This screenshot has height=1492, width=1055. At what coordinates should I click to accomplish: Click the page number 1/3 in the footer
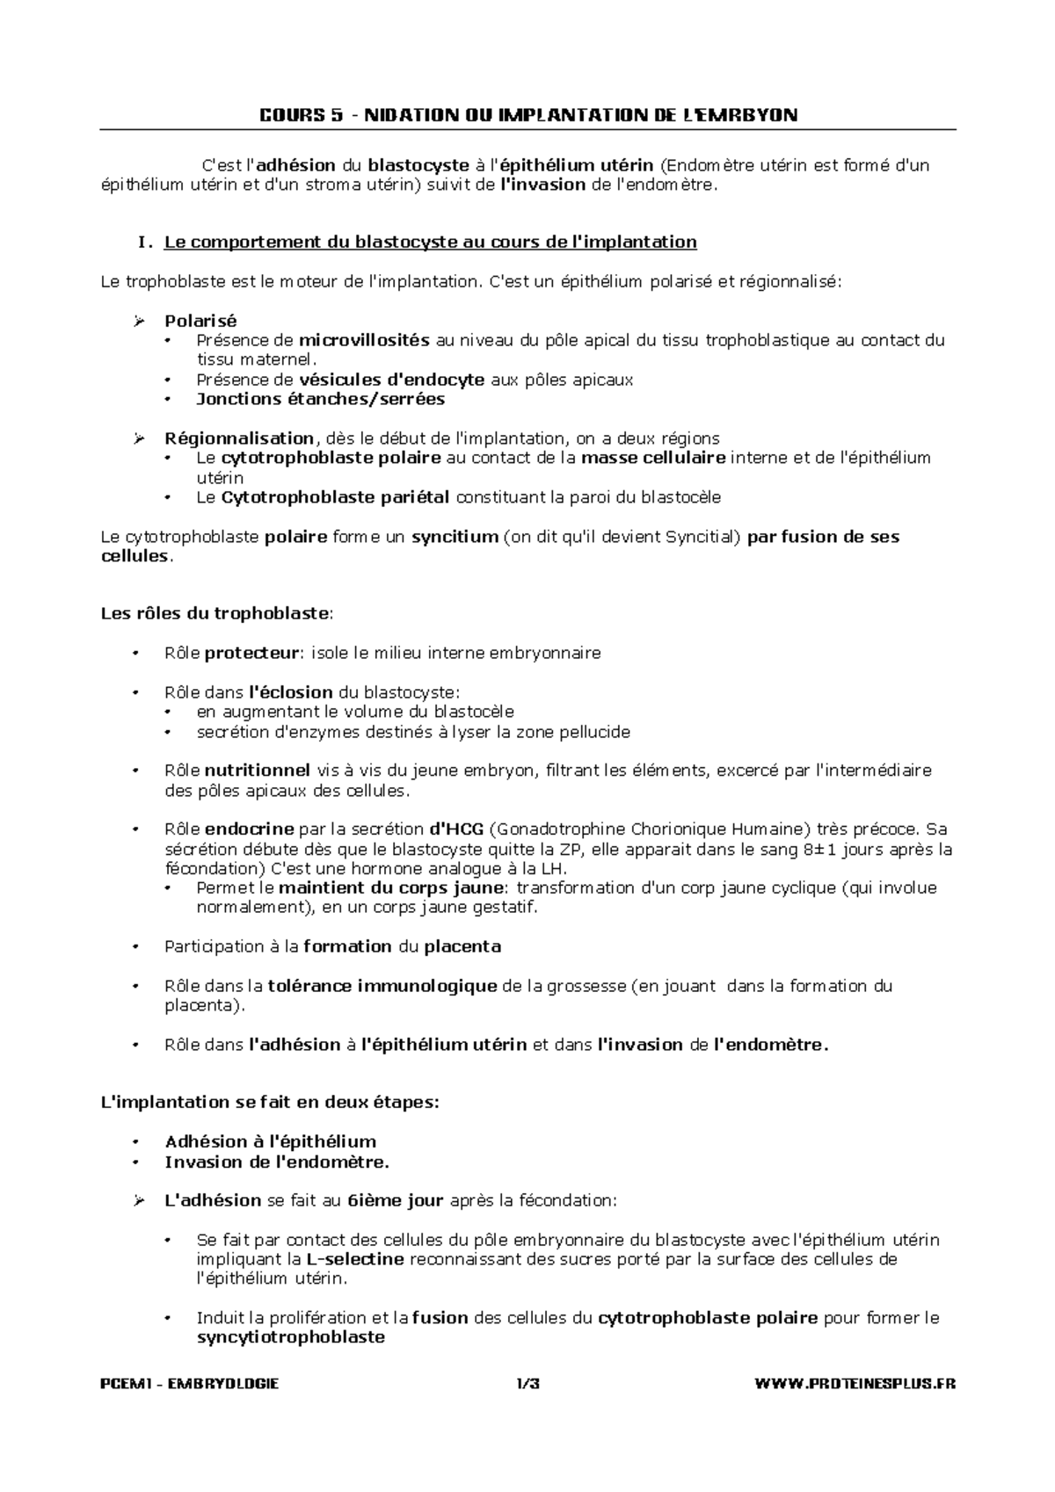click(527, 1384)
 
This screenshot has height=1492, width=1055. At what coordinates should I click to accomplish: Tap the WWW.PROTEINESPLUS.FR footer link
click(855, 1384)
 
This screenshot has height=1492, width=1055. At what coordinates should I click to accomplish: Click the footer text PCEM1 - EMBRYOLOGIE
click(190, 1384)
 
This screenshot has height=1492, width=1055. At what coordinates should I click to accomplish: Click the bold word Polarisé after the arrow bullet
click(200, 321)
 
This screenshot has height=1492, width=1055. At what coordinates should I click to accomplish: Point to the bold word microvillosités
click(364, 340)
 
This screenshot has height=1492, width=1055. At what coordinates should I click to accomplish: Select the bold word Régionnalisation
click(239, 438)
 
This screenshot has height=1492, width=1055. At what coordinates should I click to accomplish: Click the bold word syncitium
click(455, 537)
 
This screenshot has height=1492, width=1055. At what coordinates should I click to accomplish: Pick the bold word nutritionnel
click(258, 771)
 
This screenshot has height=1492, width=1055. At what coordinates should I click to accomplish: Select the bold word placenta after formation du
click(462, 946)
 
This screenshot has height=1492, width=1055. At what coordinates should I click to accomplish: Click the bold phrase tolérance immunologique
click(382, 986)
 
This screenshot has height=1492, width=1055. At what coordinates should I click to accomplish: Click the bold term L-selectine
click(356, 1259)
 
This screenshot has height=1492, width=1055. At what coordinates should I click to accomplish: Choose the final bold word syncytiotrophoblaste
click(290, 1337)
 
